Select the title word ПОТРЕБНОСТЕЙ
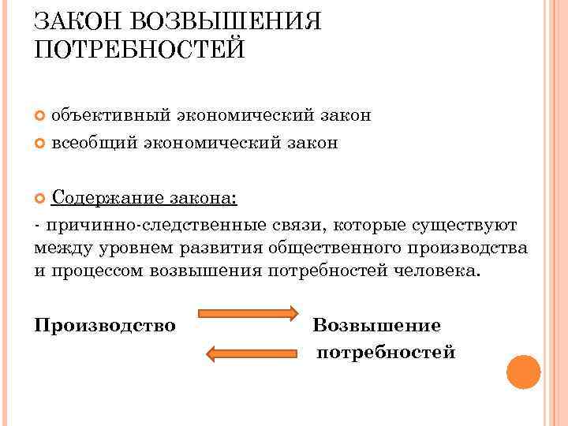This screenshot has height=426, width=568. [x=140, y=50]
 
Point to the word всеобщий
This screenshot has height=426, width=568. [x=96, y=143]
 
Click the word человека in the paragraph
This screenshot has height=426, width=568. [x=434, y=271]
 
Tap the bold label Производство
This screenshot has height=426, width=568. [x=106, y=325]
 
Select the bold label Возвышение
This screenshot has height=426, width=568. [x=377, y=325]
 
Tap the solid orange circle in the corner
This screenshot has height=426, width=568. [x=523, y=372]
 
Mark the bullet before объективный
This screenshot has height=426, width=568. [x=41, y=116]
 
